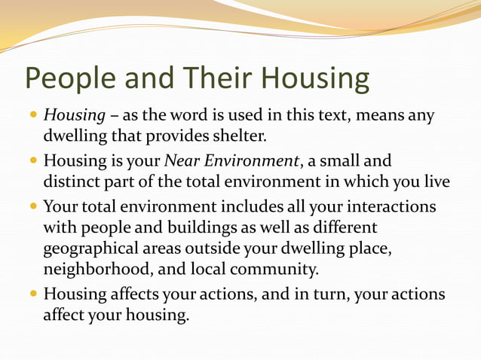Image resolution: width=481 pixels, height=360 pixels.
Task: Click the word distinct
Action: (x=72, y=182)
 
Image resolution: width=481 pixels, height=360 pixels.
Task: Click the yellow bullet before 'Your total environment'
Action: (x=34, y=206)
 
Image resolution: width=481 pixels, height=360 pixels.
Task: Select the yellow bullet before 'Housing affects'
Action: (x=34, y=294)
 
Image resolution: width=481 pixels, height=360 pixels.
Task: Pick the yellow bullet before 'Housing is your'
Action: (x=34, y=161)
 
